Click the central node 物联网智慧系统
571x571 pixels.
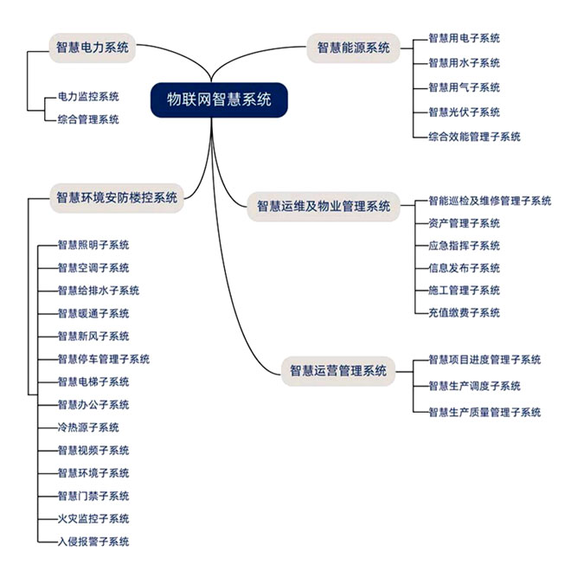coord(218,100)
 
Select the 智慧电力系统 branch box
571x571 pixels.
coord(92,48)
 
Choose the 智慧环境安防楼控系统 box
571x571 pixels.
coord(117,197)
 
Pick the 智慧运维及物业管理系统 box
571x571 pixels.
coord(324,207)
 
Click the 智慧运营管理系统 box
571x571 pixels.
coord(338,371)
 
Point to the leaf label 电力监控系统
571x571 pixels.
coord(88,96)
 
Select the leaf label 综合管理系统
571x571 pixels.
coord(88,119)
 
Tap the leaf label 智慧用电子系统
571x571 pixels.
coord(465,39)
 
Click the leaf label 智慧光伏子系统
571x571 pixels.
coord(465,112)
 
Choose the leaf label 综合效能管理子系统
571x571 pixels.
coord(475,137)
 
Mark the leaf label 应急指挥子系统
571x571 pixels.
coord(465,246)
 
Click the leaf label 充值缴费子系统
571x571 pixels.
coord(465,313)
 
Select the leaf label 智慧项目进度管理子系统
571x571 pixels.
coord(485,360)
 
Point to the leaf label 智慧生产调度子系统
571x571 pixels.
coord(475,386)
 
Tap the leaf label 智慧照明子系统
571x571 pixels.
coord(93,245)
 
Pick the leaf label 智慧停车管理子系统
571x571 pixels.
coord(104,359)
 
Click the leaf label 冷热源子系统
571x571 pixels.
coord(88,427)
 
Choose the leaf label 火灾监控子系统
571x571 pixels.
coord(93,519)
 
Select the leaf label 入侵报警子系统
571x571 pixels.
coord(93,542)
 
